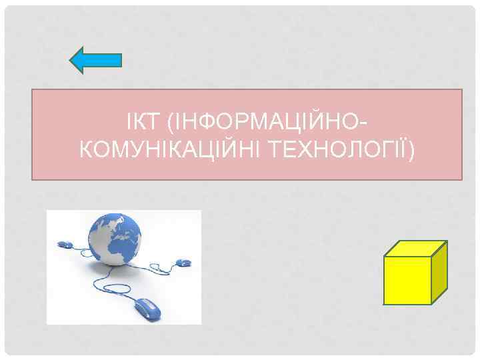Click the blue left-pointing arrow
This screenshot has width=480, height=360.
95,60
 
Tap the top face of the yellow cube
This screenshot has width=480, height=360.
417,248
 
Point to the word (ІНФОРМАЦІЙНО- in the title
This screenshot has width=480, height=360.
267,123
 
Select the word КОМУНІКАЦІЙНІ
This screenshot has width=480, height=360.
169,151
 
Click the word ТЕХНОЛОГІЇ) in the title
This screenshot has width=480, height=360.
340,151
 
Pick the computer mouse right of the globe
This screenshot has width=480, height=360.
182,261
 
